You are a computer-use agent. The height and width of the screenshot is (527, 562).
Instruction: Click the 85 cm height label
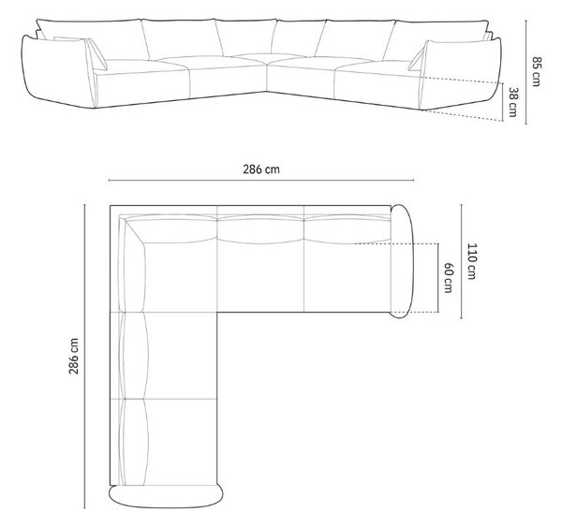(536, 71)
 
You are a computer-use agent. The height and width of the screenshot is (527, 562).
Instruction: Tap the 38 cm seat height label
(513, 102)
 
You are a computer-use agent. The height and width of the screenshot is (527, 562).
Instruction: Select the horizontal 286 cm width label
(261, 169)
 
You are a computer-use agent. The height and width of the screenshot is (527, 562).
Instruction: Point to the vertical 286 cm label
(73, 356)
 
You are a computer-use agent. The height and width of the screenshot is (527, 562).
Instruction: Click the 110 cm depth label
(472, 261)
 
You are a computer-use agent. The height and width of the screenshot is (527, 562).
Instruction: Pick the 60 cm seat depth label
(448, 278)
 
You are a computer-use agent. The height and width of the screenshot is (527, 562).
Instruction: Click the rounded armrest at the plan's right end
(402, 261)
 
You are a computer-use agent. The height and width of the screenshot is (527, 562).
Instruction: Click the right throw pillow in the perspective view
(417, 56)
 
